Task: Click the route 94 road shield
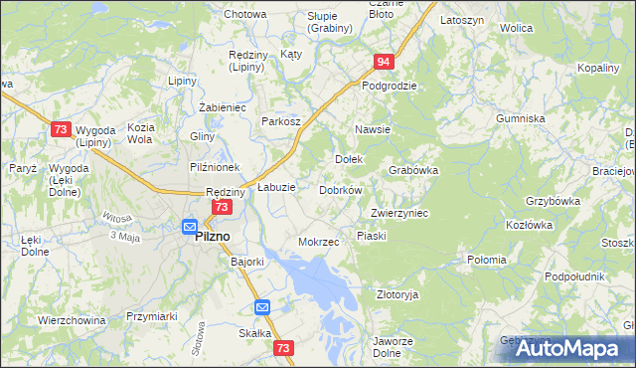[x=386, y=62]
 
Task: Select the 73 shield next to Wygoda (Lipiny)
[x=61, y=129]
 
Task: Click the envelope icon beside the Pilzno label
[x=188, y=227]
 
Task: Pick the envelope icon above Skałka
[x=262, y=307]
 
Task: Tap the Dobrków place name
[x=341, y=190]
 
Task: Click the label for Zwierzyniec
[x=398, y=213]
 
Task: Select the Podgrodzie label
[x=389, y=86]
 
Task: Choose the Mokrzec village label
[x=319, y=242]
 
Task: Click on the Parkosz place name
[x=281, y=121]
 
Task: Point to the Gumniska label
[x=522, y=118]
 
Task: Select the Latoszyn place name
[x=461, y=20]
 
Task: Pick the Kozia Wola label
[x=139, y=133]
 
